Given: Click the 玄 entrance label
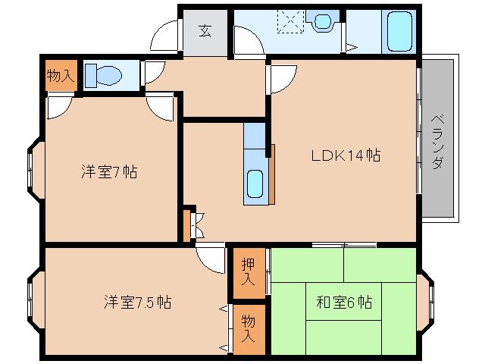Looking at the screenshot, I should coord(205,31).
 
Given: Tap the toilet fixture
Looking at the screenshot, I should coord(105,75).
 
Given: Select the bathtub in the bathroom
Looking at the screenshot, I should coord(397,31).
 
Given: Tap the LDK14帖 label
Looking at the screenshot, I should coord(345,155).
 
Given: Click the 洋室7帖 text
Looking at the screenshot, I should coord(109,171).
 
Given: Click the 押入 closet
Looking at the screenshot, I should coord(249,271).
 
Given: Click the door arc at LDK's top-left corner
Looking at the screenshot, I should coord(280,78).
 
